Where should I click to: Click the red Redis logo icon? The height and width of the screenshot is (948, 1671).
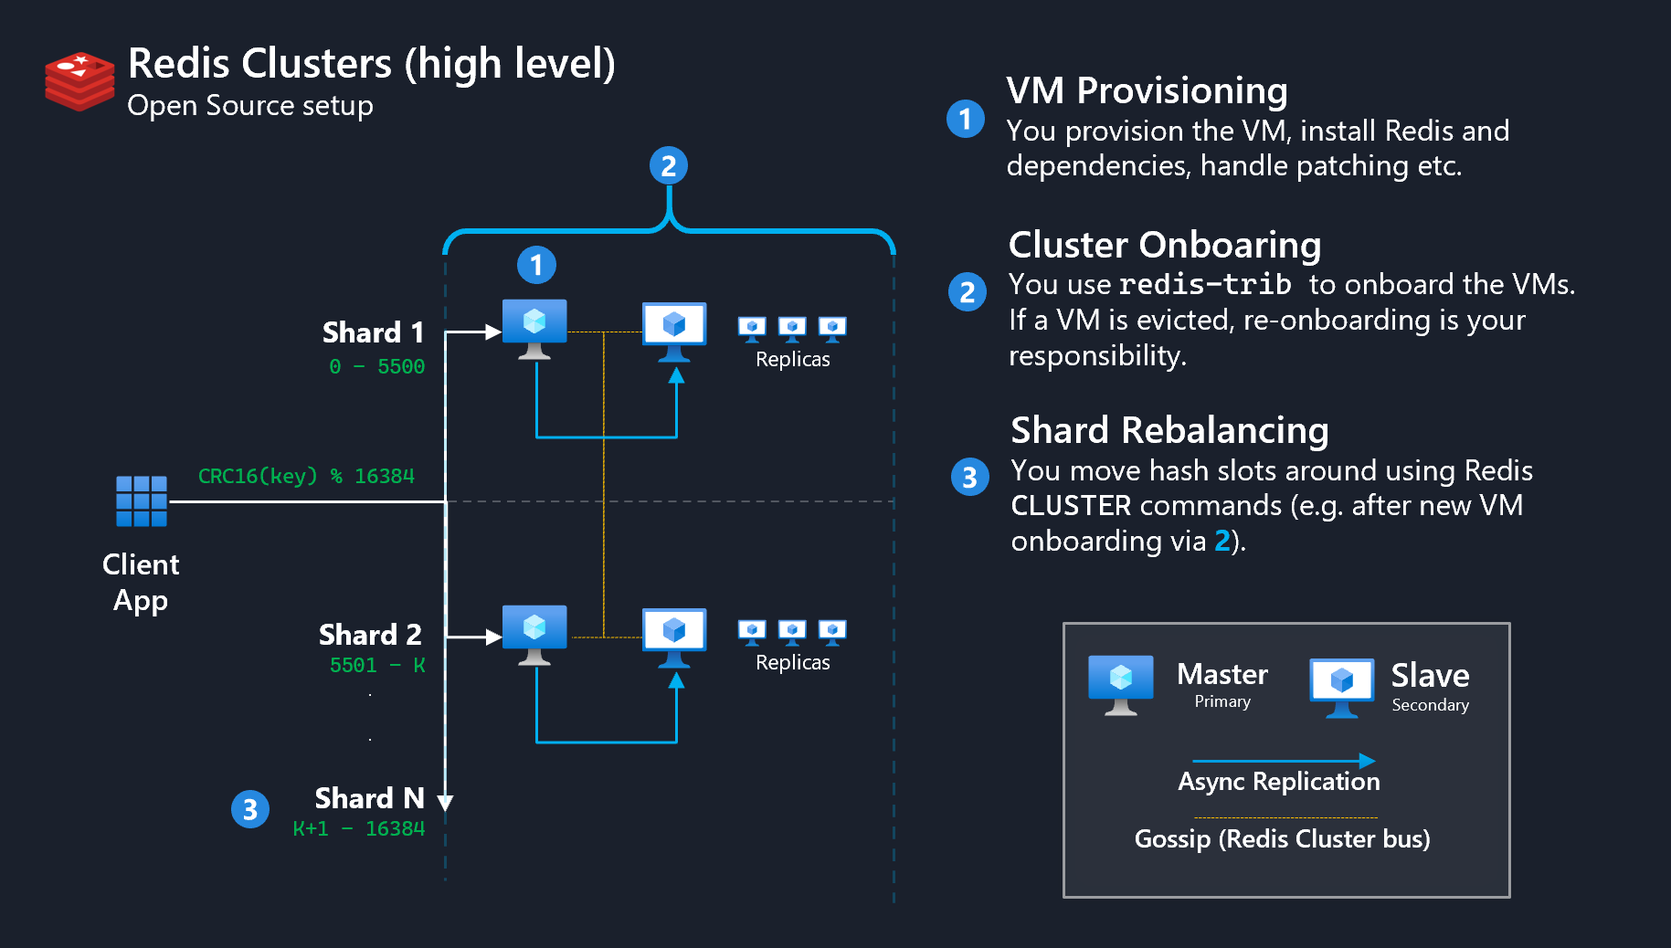79,81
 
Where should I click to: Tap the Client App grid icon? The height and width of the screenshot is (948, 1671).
142,500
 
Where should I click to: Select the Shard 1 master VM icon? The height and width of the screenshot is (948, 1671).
534,327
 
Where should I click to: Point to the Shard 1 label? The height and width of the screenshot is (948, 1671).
373,332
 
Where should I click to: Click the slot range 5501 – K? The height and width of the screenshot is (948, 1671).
376,666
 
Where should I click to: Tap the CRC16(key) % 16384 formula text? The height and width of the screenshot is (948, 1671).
306,476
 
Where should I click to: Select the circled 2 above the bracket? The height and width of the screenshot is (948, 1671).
669,166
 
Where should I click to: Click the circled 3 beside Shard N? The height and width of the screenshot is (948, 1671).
250,809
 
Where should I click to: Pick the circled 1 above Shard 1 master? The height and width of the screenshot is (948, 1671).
536,265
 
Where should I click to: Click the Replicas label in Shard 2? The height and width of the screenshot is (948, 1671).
792,663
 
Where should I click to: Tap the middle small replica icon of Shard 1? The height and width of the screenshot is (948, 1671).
792,328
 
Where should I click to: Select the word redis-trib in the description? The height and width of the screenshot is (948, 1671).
1205,285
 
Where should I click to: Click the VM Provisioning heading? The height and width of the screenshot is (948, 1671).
1147,90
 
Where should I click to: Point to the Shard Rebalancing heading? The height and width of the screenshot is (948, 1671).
1169,430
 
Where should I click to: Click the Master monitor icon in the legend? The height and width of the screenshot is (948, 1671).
1121,684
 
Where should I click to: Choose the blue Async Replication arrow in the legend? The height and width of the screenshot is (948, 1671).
1283,761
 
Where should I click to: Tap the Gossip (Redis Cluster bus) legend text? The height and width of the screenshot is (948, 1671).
1282,838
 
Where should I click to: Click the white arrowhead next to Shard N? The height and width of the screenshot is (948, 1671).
445,802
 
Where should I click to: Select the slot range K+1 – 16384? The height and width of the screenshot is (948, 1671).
358,829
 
